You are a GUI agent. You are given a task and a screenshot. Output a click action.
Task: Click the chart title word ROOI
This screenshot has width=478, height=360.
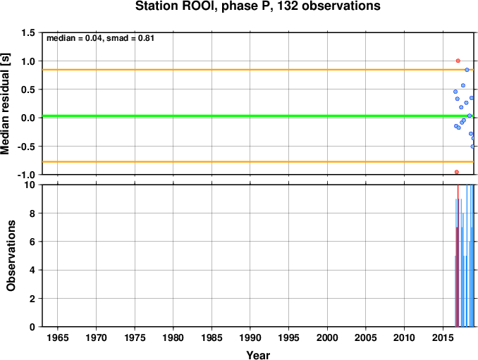(x=199, y=6)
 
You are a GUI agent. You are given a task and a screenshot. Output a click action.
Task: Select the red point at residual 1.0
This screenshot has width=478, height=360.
(x=458, y=61)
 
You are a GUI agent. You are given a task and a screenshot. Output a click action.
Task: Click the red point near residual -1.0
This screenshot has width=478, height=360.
(x=457, y=172)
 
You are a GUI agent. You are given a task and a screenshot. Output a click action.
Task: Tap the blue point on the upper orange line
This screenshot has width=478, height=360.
(x=467, y=70)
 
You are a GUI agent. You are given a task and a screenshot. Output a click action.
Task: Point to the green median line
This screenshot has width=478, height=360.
(x=258, y=116)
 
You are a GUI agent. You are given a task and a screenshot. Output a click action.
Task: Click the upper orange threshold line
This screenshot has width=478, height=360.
(x=258, y=70)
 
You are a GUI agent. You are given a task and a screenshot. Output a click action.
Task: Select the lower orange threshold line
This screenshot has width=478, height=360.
(x=258, y=162)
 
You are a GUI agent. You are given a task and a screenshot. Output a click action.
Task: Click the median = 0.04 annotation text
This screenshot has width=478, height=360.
(x=74, y=38)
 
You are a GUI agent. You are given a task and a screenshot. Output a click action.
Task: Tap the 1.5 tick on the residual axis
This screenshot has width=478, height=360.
(x=28, y=32)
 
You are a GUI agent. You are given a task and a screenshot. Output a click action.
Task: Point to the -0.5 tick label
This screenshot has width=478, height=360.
(x=26, y=147)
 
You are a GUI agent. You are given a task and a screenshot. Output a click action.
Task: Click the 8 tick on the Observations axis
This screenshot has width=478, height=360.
(x=32, y=213)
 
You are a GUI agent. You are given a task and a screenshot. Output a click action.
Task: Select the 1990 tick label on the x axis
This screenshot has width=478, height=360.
(x=250, y=337)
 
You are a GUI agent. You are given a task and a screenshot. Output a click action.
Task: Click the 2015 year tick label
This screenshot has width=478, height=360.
(x=443, y=337)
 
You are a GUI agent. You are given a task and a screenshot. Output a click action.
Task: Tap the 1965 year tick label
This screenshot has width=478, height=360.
(x=58, y=337)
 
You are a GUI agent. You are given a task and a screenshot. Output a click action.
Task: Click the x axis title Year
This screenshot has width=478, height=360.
(x=258, y=355)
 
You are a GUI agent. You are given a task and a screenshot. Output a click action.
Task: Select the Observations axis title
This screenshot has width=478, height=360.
(x=11, y=256)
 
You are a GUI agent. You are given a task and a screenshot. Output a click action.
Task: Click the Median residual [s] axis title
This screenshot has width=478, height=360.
(x=5, y=104)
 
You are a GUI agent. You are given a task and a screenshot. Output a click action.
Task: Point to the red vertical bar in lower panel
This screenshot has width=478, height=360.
(x=458, y=256)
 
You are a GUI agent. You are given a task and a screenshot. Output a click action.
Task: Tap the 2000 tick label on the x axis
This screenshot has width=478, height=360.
(x=327, y=337)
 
